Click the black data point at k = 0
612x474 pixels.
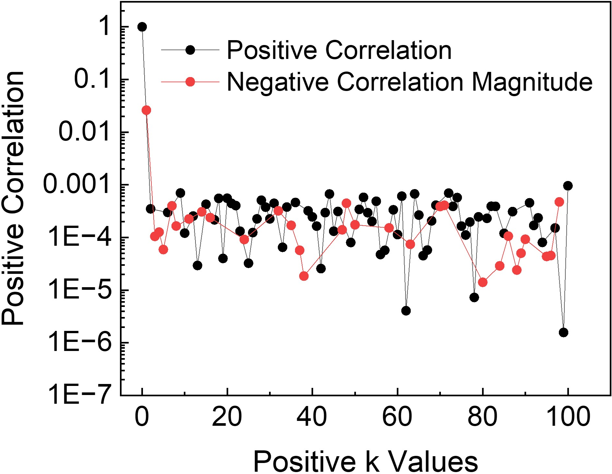142,27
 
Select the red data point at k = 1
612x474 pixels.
146,110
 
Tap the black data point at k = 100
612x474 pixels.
568,186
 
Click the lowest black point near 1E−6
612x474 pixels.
563,333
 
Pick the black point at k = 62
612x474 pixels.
406,311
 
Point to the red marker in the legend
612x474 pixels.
190,82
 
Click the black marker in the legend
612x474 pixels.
190,50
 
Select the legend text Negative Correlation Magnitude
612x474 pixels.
409,82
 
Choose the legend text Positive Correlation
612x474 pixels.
339,50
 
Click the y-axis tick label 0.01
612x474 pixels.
85,132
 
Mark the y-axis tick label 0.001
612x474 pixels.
77,184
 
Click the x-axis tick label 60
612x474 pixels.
397,417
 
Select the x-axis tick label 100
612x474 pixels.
568,417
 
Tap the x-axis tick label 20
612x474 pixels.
227,417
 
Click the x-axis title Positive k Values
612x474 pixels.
365,461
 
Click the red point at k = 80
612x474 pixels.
483,282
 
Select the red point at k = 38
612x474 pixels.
304,276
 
